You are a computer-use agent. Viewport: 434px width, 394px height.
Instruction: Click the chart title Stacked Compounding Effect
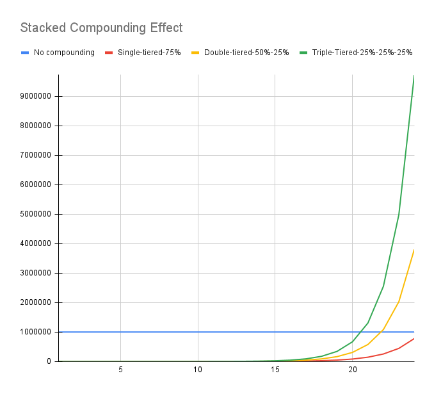[x=101, y=28]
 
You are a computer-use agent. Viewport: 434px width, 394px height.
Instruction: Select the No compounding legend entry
[x=64, y=53]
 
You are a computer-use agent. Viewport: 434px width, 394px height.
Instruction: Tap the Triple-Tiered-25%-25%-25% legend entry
[x=362, y=53]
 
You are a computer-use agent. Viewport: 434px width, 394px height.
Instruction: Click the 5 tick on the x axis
[x=120, y=370]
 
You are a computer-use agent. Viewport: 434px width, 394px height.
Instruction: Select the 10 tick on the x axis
[x=198, y=370]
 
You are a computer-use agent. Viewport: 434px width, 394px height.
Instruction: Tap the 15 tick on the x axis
[x=275, y=370]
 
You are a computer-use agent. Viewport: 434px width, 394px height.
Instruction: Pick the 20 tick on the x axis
[x=352, y=370]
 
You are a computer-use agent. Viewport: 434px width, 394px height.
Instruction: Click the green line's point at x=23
[x=399, y=215]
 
